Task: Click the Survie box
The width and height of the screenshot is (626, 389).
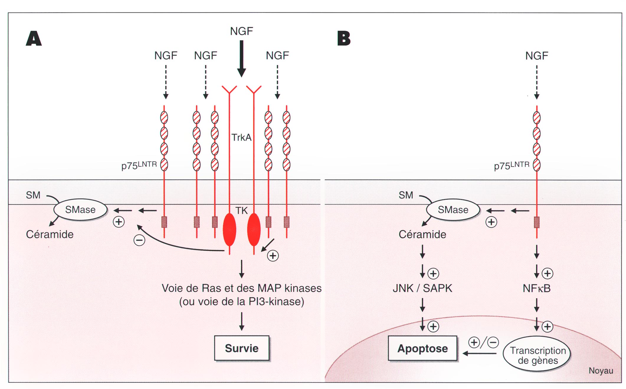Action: (242, 348)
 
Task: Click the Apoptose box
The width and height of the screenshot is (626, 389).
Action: (422, 349)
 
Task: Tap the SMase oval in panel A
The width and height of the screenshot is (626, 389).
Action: (80, 210)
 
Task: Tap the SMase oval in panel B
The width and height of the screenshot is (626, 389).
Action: (453, 210)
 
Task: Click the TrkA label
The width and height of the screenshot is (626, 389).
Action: (241, 137)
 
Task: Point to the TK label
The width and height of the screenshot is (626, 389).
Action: (241, 210)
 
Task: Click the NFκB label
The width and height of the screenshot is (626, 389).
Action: (537, 288)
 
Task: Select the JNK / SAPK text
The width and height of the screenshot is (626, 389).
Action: (422, 288)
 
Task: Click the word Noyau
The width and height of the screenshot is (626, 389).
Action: (601, 371)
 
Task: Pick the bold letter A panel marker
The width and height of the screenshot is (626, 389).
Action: (34, 38)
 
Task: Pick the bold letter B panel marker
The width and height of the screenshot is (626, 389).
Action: (344, 38)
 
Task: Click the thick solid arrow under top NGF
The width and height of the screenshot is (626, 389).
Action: (242, 59)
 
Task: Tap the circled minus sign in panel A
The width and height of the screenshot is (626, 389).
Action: (139, 240)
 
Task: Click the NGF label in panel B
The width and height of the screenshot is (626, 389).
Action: (537, 56)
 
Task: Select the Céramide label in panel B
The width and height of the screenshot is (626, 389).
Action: (422, 234)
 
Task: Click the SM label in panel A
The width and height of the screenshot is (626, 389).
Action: (33, 195)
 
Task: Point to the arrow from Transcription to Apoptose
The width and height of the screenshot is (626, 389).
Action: (479, 353)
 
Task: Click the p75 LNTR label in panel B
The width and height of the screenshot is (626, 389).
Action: (512, 166)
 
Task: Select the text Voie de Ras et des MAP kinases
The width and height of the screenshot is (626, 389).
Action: (242, 288)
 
